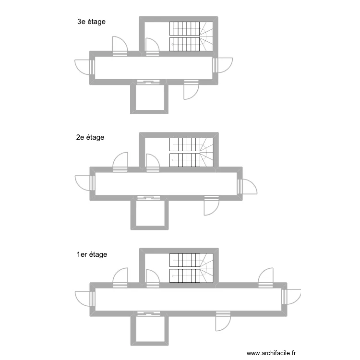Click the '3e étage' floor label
tap(91, 22)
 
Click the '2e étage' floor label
tap(90, 138)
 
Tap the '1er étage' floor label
tap(92, 254)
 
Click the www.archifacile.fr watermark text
tap(271, 353)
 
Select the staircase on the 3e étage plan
tap(191, 36)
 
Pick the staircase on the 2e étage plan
tap(191, 152)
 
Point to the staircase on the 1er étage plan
tap(191, 268)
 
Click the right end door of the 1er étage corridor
tap(291, 297)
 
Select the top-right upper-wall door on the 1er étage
tap(265, 277)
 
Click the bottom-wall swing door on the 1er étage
tap(223, 321)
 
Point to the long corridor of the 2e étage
tap(166, 184)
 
